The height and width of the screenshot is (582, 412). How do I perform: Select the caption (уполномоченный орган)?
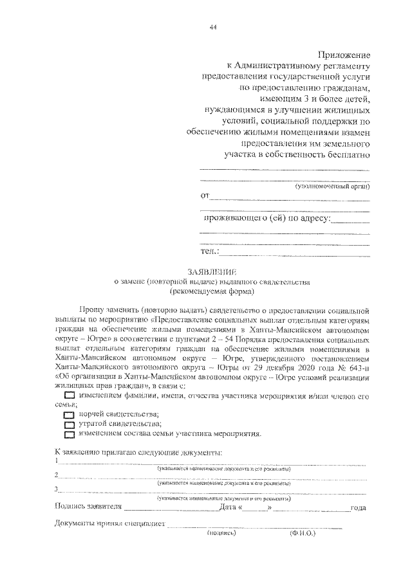pyautogui.click(x=333, y=186)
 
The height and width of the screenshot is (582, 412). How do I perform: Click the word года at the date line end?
pyautogui.click(x=358, y=509)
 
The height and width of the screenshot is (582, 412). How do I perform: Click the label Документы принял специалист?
pyautogui.click(x=110, y=525)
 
